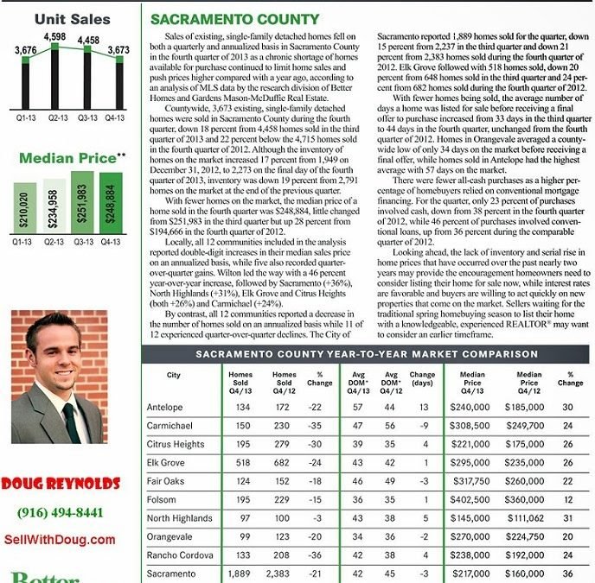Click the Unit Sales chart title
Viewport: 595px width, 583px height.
[72, 18]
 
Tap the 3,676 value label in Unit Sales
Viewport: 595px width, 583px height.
[25, 51]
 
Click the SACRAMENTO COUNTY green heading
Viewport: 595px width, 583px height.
[234, 19]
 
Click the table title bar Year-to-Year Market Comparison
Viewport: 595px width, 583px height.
[367, 354]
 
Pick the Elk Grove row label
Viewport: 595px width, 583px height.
[166, 463]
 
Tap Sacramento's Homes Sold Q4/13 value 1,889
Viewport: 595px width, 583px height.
[240, 573]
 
